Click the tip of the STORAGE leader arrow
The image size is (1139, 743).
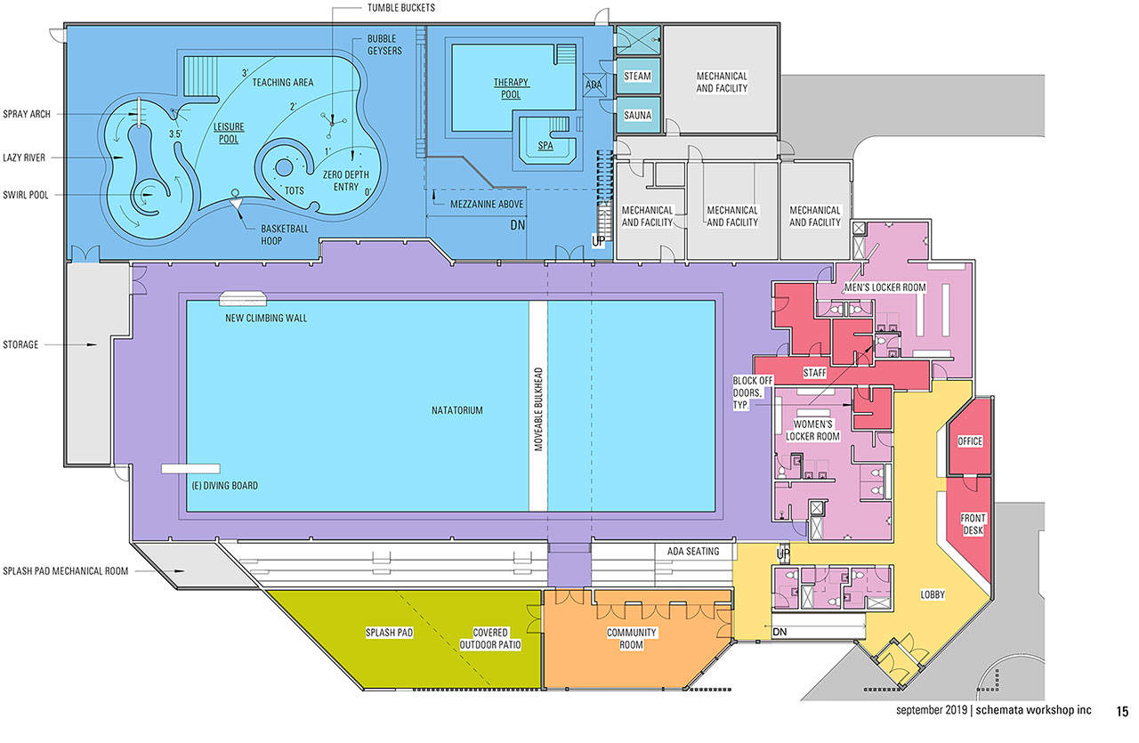tap(97, 344)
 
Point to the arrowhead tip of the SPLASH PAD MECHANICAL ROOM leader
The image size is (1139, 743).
tap(184, 571)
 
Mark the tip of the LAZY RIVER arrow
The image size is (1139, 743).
tap(124, 157)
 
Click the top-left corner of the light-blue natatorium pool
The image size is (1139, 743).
tap(187, 301)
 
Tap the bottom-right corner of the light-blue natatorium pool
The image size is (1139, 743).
tap(715, 511)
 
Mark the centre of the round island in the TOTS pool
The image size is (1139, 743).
tap(284, 167)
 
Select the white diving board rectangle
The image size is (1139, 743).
tap(190, 468)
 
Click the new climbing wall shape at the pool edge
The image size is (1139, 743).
tap(243, 298)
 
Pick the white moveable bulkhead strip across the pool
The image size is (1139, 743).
tap(538, 406)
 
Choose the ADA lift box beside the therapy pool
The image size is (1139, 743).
tap(594, 85)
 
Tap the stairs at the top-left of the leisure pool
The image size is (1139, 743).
tap(200, 76)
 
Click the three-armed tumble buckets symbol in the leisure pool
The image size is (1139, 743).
tap(333, 123)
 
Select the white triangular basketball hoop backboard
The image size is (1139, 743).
tap(236, 204)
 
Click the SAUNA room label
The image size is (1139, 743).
tap(638, 116)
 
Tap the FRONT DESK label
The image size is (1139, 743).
tap(973, 524)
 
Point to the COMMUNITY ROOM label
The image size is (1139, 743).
tap(631, 639)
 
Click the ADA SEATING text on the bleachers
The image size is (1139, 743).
tap(693, 552)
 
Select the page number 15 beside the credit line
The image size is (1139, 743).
tap(1123, 712)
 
